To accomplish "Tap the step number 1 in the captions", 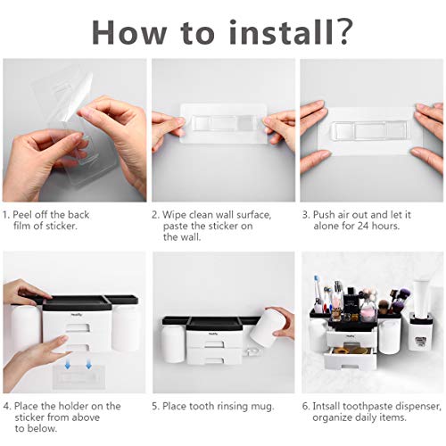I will [x=6, y=215].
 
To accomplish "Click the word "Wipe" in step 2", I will [x=178, y=215].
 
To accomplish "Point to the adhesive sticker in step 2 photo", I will [x=222, y=125].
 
